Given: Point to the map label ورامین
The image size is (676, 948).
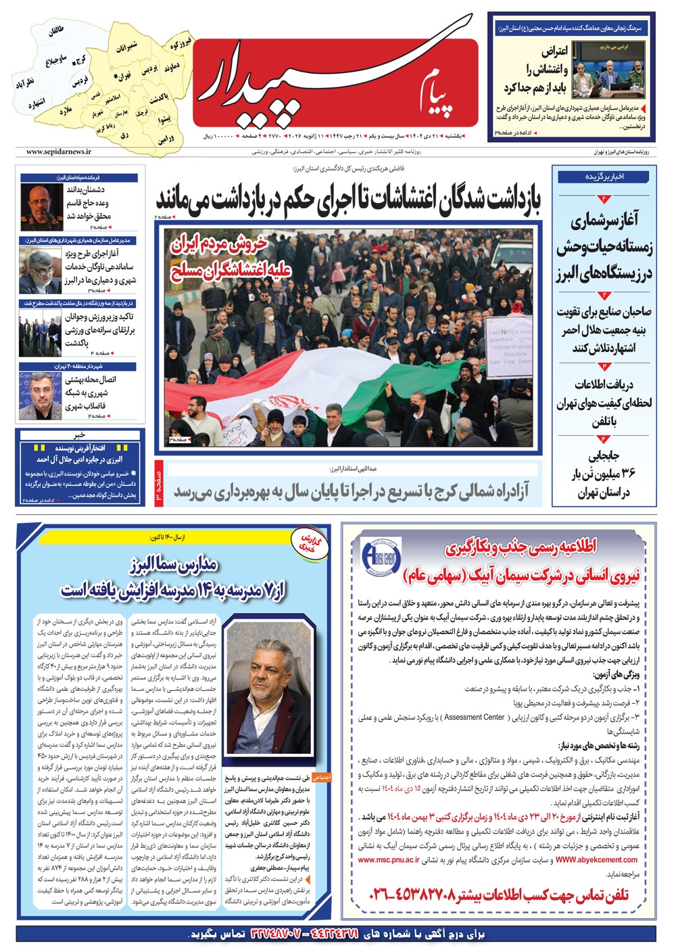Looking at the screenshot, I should coord(166,139).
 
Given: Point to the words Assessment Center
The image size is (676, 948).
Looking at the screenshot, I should coord(475,717).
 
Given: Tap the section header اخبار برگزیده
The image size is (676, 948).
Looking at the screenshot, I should coord(604,177).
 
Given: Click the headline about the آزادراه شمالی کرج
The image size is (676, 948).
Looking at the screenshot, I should coord(352,492).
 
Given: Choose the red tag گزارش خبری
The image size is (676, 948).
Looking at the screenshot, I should coord(312,542).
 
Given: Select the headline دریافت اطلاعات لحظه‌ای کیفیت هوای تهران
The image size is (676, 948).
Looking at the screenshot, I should coord(604,403).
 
